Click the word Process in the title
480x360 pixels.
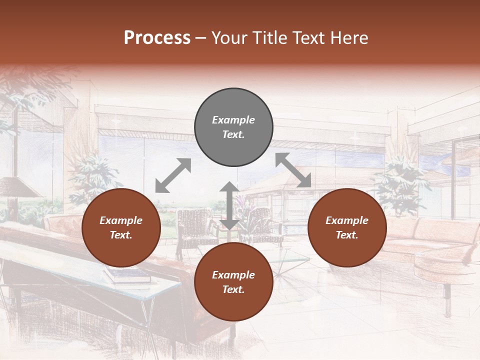tap(157, 38)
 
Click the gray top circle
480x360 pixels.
tap(233, 127)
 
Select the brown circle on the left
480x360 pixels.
tap(121, 228)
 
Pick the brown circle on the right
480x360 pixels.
tap(347, 228)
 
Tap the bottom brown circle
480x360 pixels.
tap(233, 282)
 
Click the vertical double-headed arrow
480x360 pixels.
tap(229, 205)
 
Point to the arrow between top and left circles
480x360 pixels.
tap(173, 175)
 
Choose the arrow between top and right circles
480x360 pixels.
tap(293, 170)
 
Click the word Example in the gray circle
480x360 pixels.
tap(233, 120)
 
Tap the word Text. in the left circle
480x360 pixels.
tap(121, 235)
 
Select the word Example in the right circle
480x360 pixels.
tap(347, 220)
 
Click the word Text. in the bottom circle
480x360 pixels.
tap(233, 289)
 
